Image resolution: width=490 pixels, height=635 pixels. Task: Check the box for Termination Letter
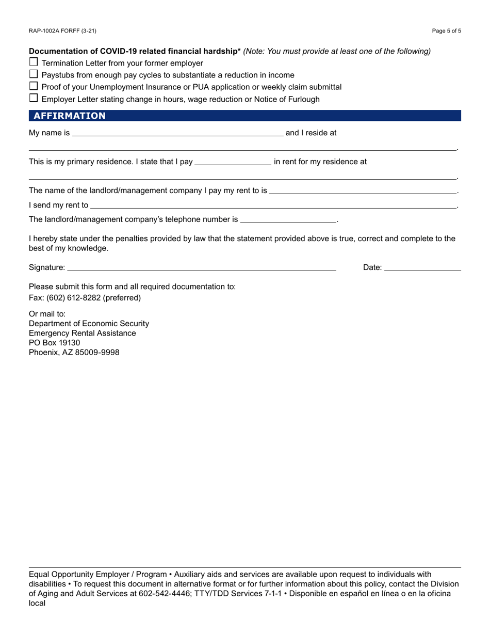click(34, 62)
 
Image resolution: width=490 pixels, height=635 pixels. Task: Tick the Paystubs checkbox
click(34, 74)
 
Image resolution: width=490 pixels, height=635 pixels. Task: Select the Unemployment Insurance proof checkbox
click(34, 86)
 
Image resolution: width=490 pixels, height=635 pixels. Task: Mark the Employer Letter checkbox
click(34, 98)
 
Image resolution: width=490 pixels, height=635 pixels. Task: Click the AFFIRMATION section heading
click(70, 116)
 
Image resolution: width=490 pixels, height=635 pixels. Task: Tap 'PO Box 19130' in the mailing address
click(55, 343)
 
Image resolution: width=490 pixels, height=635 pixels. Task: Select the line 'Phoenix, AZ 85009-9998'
click(74, 353)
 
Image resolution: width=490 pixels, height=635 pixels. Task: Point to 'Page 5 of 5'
click(446, 31)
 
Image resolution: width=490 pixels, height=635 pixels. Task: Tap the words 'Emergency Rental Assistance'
click(83, 333)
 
